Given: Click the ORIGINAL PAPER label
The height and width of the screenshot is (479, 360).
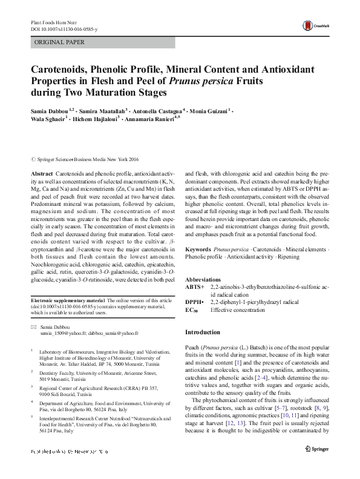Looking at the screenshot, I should pyautogui.click(x=59, y=42).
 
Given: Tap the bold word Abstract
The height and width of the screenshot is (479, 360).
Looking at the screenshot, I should pyautogui.click(x=42, y=173).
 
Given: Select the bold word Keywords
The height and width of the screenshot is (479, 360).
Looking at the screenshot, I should pyautogui.click(x=197, y=249).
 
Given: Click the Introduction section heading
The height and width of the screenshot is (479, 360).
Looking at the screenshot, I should pyautogui.click(x=202, y=332).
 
